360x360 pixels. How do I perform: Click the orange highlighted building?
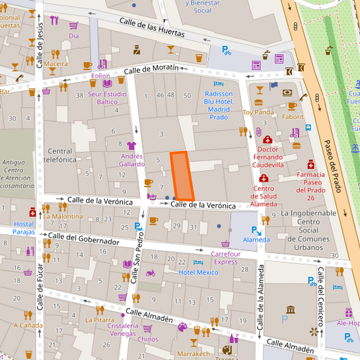coord(181,176)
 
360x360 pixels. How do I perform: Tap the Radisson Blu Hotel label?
coord(218,105)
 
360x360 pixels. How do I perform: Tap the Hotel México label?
coord(199,272)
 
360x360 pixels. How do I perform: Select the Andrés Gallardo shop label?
coord(132,159)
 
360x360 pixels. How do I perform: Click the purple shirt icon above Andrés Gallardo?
coord(131,145)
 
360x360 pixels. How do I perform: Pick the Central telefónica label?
coord(60,155)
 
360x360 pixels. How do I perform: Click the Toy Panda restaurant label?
coord(258,112)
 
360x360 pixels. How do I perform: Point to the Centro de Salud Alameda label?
coord(263,196)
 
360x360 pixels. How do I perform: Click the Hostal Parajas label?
coord(24,228)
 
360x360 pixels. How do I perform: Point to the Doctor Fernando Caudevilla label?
coord(267,156)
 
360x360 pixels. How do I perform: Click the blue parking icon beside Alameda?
coord(258,230)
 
